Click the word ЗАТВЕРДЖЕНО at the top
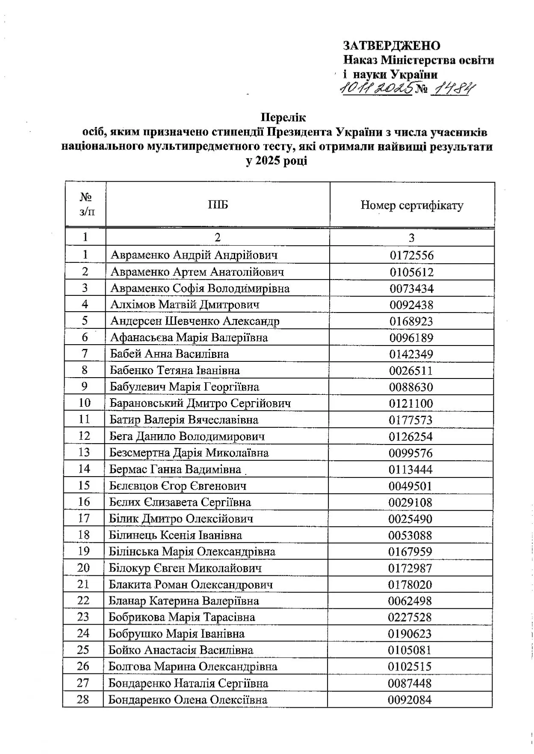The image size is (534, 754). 391,45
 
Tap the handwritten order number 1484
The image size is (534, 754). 453,89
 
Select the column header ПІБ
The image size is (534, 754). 218,205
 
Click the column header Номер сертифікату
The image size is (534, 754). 412,205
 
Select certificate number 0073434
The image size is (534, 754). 411,289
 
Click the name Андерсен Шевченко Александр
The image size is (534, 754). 195,321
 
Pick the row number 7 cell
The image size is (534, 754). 85,354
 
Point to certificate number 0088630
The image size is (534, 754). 411,387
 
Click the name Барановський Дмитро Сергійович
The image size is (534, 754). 200,403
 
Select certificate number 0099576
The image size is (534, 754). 410,453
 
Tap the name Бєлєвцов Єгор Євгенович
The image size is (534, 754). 177,486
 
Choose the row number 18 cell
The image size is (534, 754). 84,535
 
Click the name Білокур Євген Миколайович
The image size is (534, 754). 185,568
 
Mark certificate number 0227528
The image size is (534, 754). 410,617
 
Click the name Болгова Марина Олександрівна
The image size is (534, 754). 192,667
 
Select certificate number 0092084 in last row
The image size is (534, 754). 409,700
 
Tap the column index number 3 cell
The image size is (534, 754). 411,238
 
